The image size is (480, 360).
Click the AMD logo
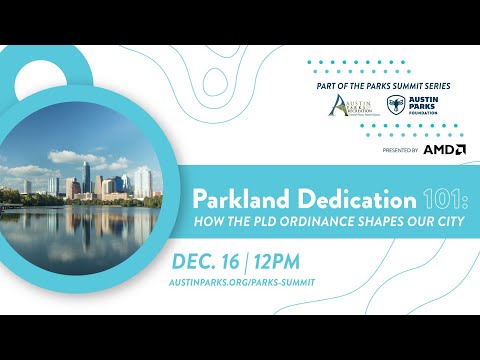coord(444,149)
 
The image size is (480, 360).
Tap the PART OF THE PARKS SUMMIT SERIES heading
coord(379,86)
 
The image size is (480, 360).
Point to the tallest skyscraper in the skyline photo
coord(86,178)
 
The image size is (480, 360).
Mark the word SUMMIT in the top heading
coord(408,86)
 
